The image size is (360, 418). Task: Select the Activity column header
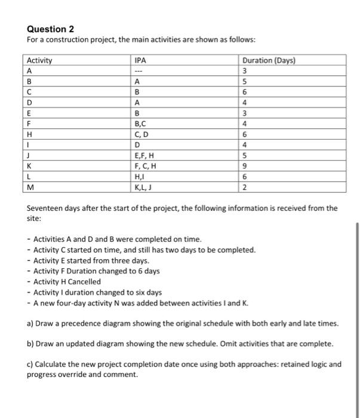tap(39, 60)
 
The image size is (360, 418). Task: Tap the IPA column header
tap(140, 60)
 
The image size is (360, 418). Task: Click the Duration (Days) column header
tap(269, 60)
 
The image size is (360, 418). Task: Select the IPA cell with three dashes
tap(140, 70)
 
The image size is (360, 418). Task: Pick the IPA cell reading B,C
tap(141, 124)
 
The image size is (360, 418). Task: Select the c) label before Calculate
tap(31, 364)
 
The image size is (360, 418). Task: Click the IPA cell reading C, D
tap(142, 134)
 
